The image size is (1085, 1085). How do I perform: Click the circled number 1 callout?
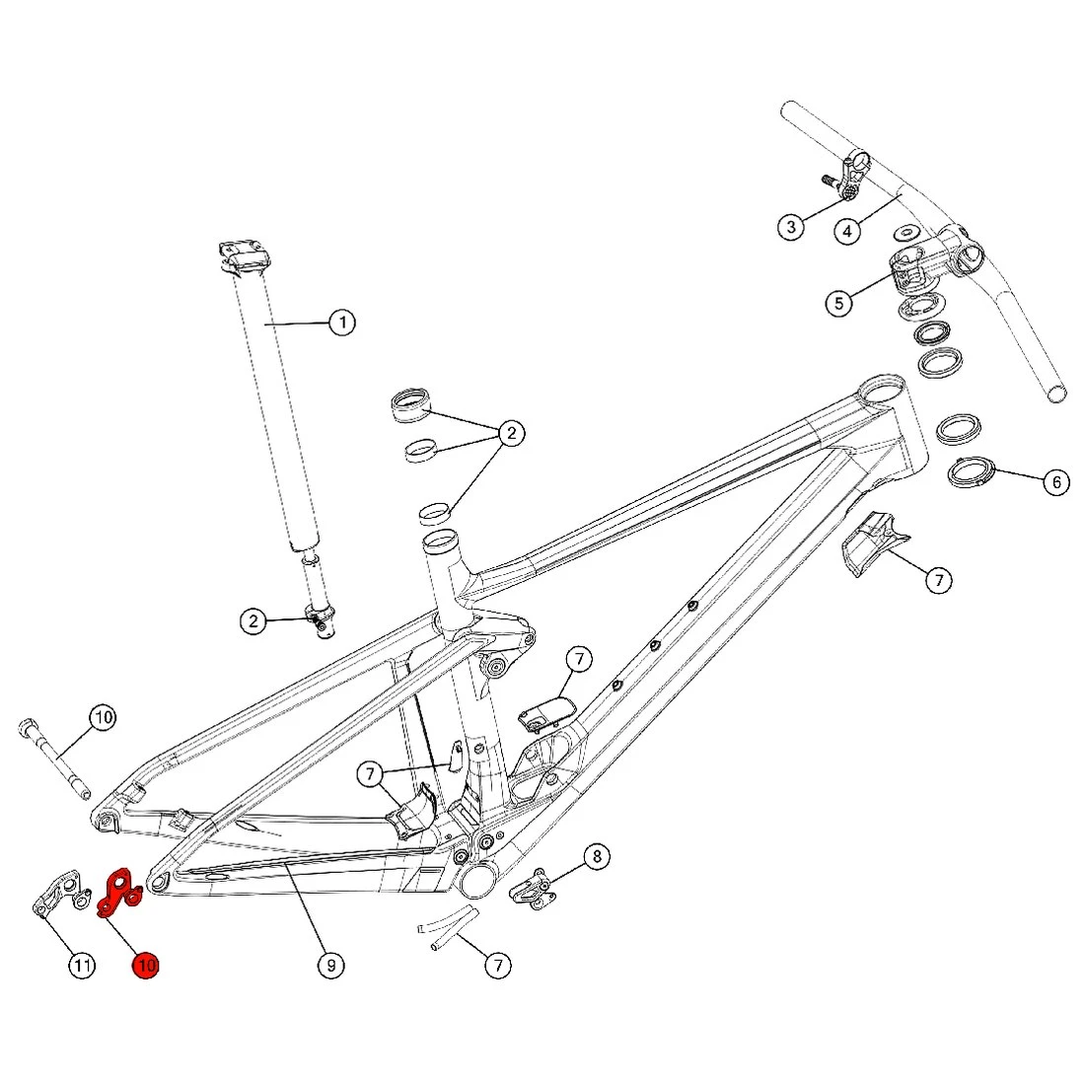pos(341,323)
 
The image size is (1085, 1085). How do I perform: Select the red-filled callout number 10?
pos(146,965)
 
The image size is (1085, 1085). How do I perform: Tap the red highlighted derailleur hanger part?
pos(119,892)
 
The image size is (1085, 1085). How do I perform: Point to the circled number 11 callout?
pos(82,965)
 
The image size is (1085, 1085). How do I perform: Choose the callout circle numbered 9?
pos(331,965)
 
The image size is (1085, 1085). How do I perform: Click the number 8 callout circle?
pos(597,856)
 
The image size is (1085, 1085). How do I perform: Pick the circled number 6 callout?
pos(1056,482)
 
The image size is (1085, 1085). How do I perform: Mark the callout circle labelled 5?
pos(838,302)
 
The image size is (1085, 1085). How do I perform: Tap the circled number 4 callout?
pos(847,231)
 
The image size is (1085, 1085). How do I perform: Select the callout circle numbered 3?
pos(791,228)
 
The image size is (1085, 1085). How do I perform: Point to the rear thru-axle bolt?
pos(54,760)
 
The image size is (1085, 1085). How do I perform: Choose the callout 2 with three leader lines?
pos(511,432)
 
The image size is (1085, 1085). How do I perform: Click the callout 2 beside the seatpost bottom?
pos(253,620)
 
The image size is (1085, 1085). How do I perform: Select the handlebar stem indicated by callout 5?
pos(932,257)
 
